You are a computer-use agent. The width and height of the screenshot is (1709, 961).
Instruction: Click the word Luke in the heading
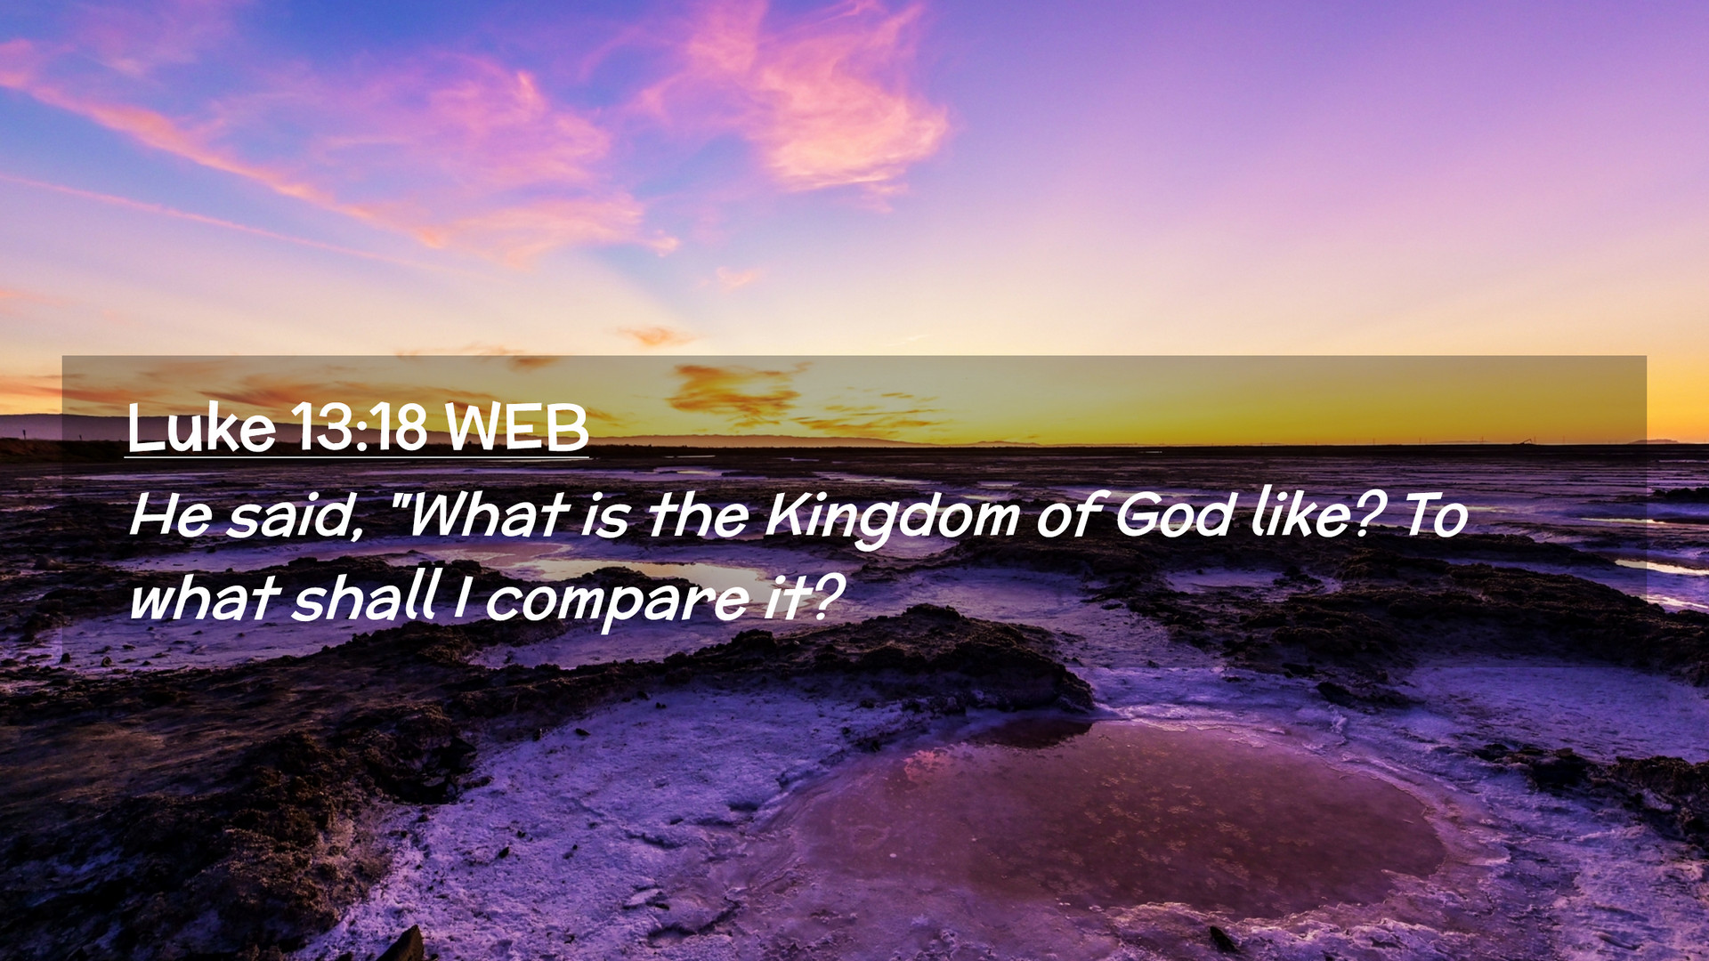tap(202, 428)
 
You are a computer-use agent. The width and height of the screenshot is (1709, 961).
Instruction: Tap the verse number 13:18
tap(360, 428)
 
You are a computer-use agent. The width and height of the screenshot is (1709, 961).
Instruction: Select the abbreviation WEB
tap(517, 428)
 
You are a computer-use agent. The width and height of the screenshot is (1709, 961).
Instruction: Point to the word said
tap(295, 515)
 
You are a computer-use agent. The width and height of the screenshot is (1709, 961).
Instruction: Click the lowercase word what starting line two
tap(206, 596)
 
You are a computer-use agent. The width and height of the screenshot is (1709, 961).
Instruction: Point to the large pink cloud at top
tap(801, 98)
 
